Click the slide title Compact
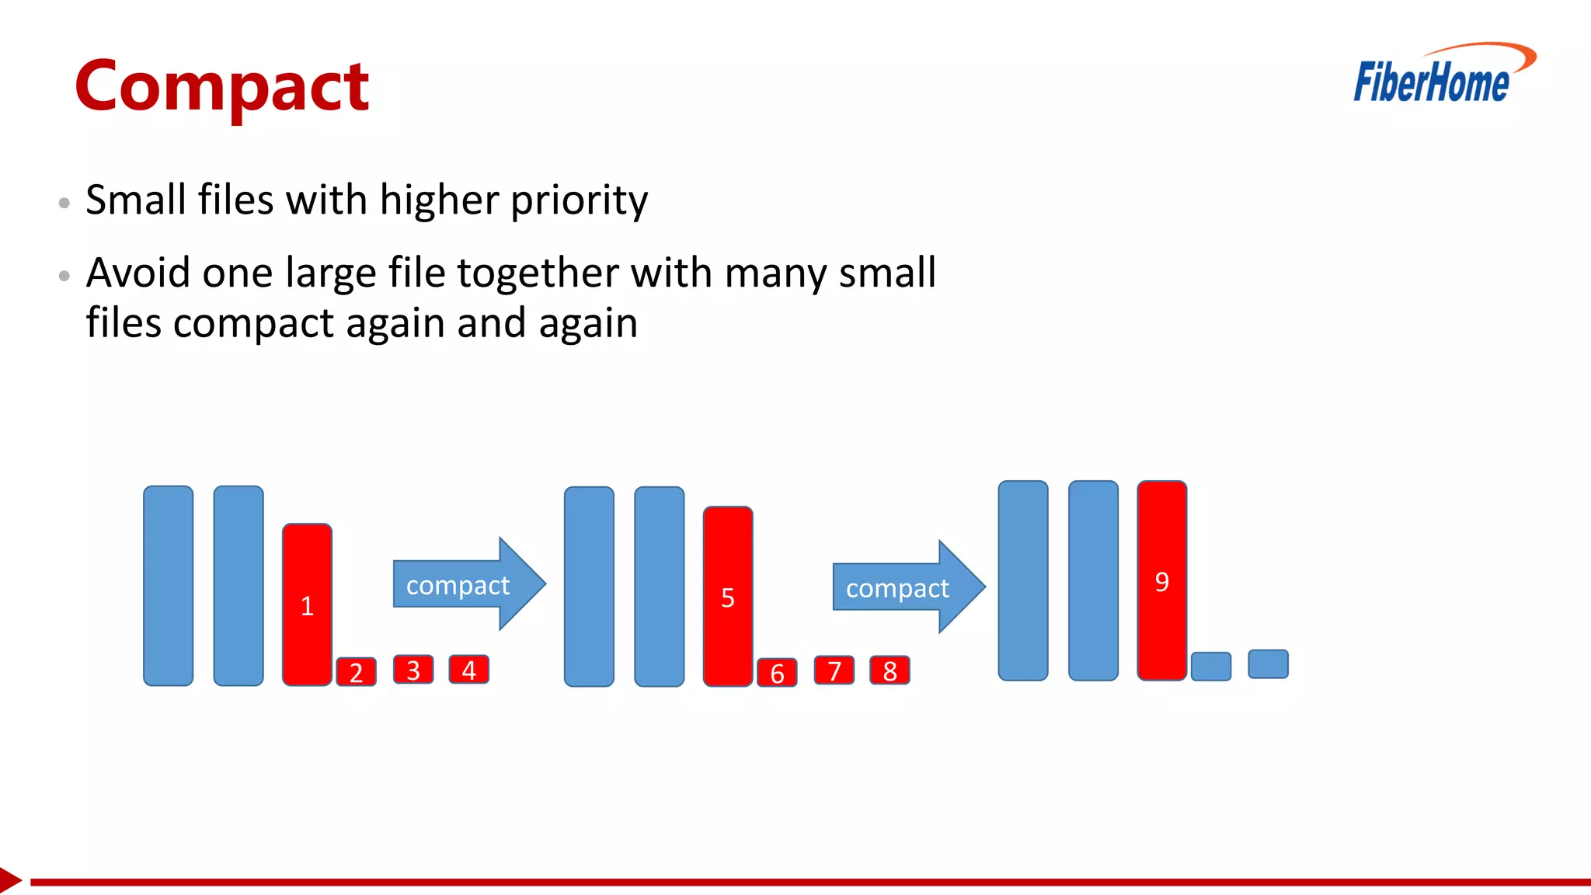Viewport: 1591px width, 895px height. point(222,87)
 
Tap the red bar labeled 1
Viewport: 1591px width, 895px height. point(307,604)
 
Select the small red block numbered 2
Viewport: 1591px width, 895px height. point(356,672)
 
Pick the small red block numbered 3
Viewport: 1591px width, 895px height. point(413,670)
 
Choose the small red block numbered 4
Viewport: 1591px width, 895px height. point(469,670)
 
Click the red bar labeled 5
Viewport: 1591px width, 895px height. point(728,596)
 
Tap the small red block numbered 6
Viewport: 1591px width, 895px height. point(777,673)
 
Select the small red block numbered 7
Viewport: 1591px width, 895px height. point(834,670)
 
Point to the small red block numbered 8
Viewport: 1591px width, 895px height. point(890,670)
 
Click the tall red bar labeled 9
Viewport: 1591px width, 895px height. point(1162,580)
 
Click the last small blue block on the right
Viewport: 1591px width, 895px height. point(1268,664)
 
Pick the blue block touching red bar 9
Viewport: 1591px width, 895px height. point(1211,667)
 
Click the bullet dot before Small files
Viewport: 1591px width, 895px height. point(64,204)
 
